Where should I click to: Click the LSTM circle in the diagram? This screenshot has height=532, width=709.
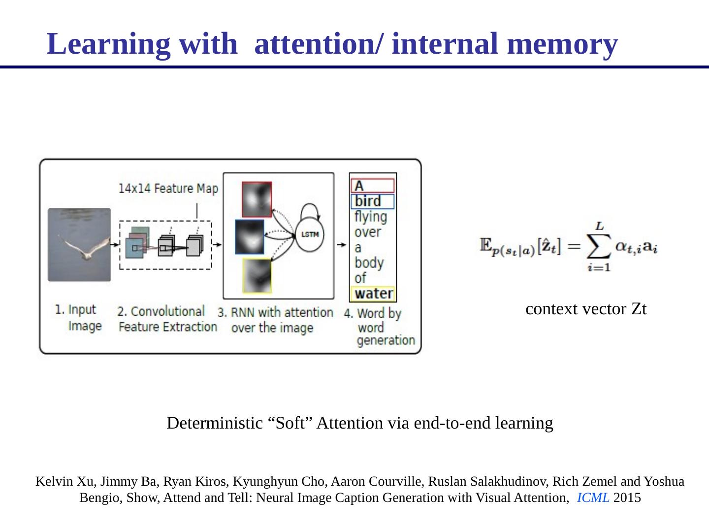pyautogui.click(x=310, y=234)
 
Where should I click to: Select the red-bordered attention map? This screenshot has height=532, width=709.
pyautogui.click(x=257, y=199)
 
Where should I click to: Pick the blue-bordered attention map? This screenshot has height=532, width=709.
pyautogui.click(x=249, y=237)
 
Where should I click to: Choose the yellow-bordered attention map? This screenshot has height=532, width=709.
pyautogui.click(x=257, y=276)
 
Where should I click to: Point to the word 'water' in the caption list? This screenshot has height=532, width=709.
pyautogui.click(x=374, y=294)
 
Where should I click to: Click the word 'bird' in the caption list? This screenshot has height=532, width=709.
pyautogui.click(x=368, y=201)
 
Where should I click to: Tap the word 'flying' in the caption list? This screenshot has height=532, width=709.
pyautogui.click(x=371, y=216)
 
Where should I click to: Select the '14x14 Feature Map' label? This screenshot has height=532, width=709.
pyautogui.click(x=168, y=189)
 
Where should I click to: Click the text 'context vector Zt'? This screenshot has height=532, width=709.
pyautogui.click(x=586, y=309)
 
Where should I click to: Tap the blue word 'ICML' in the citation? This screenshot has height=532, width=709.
pyautogui.click(x=593, y=498)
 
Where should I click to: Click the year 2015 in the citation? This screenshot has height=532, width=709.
pyautogui.click(x=627, y=498)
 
